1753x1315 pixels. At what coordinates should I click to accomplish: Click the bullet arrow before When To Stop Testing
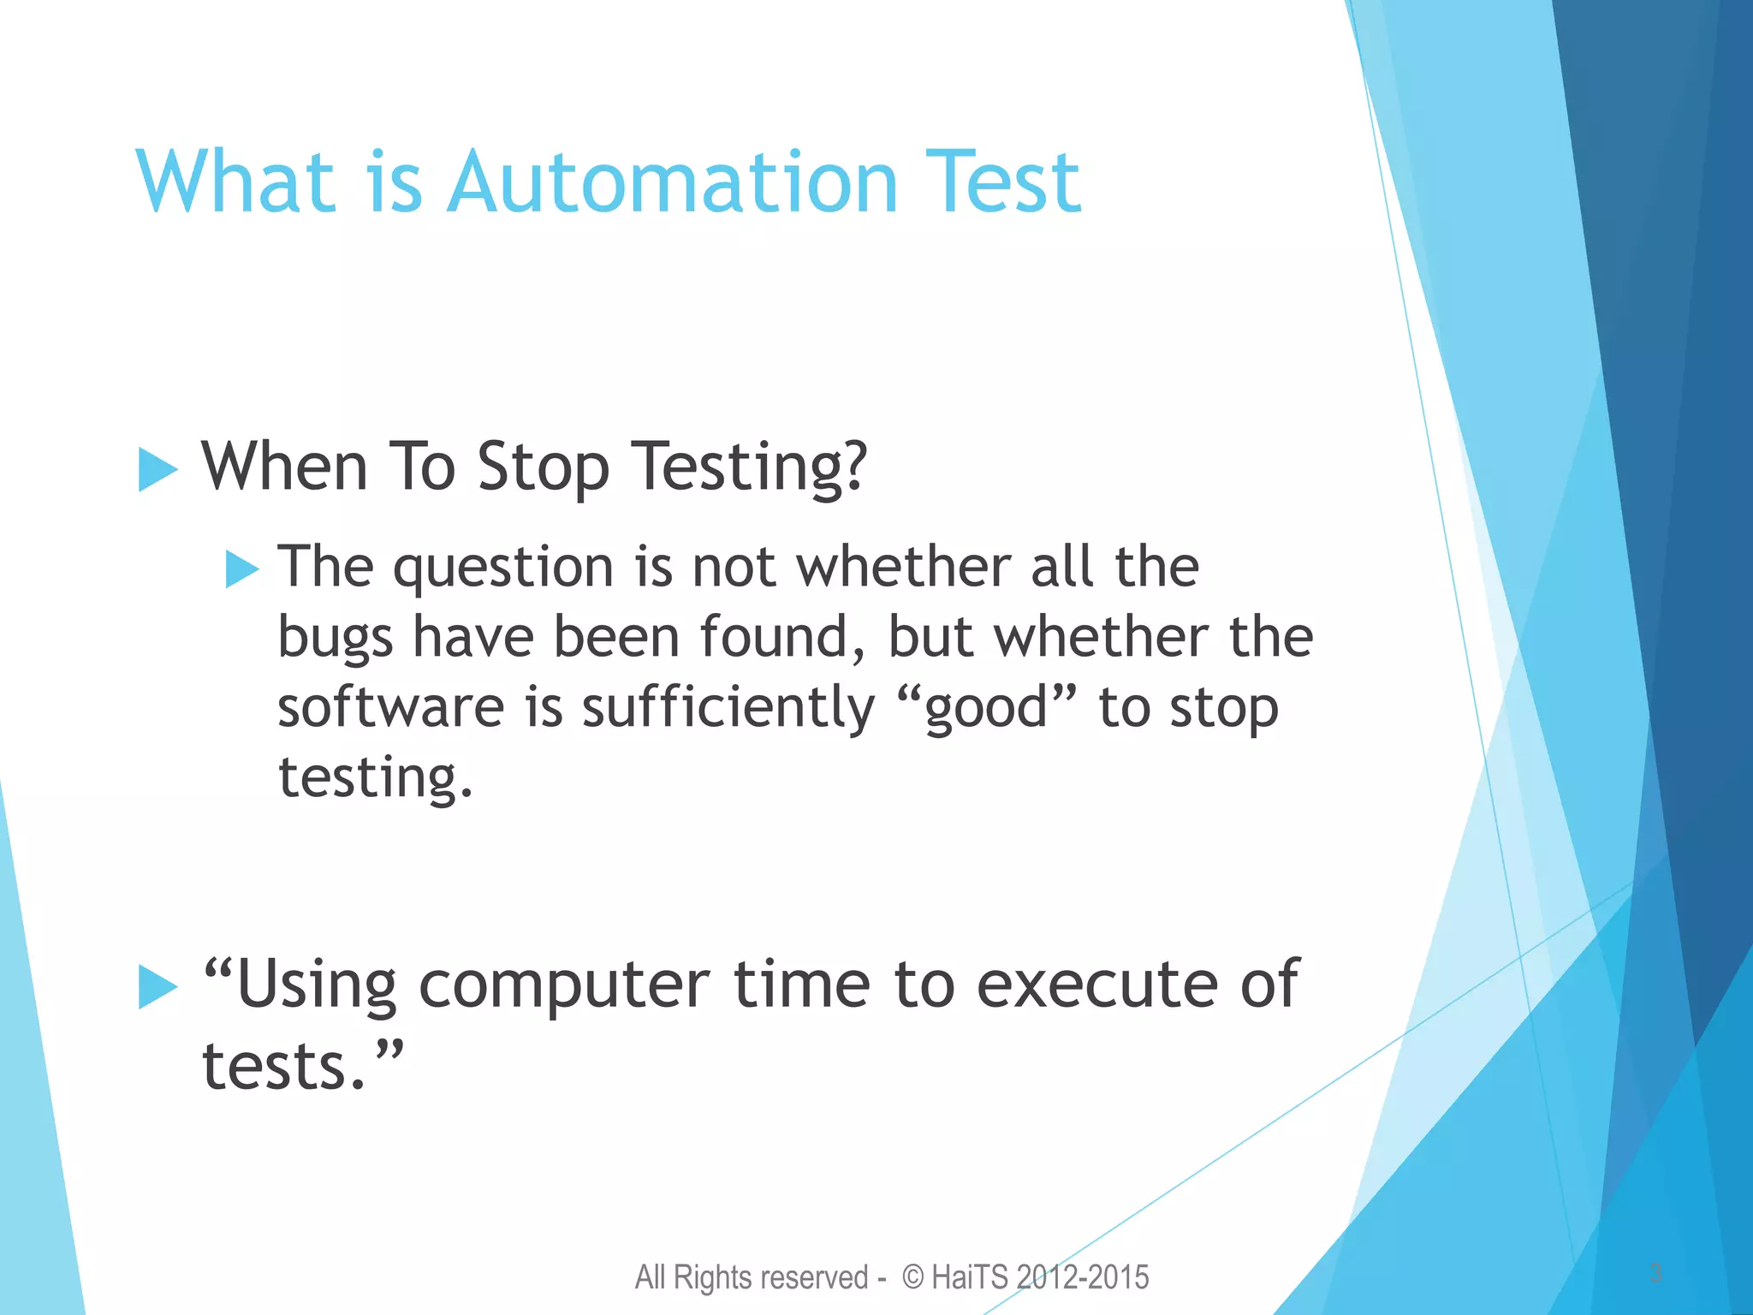click(x=157, y=470)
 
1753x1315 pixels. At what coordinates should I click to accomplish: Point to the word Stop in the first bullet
click(x=543, y=467)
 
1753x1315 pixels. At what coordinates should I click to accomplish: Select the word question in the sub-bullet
click(x=503, y=568)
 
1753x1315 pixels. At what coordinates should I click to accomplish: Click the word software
click(x=391, y=708)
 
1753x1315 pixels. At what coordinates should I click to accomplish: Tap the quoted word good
click(x=987, y=709)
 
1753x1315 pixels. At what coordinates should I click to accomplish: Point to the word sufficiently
click(x=728, y=710)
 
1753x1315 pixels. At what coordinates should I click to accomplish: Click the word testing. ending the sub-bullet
click(x=375, y=777)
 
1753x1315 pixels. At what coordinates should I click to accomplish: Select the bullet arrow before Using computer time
click(x=157, y=987)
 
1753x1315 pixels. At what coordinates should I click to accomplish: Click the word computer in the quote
click(x=563, y=986)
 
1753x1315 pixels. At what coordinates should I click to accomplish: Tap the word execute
click(x=1096, y=985)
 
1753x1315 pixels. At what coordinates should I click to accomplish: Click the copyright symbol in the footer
click(x=913, y=1277)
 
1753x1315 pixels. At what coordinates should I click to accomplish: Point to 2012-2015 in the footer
click(x=1084, y=1277)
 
